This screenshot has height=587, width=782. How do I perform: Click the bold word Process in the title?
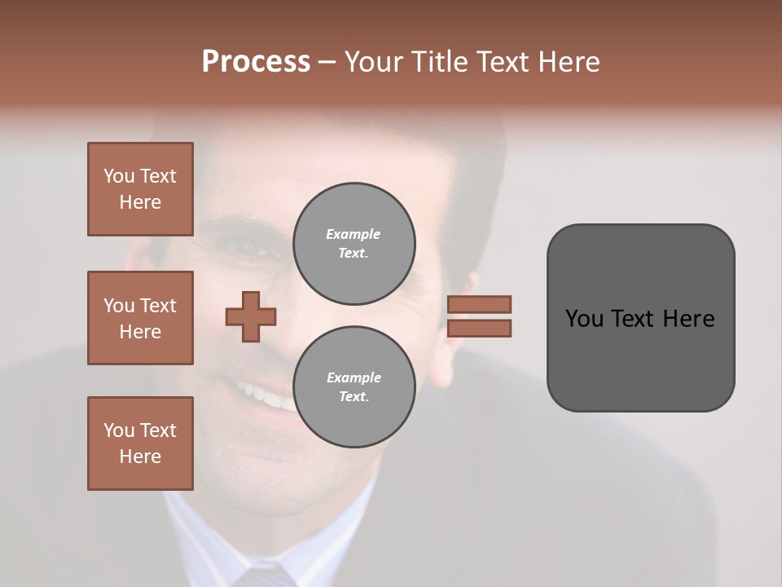(x=256, y=62)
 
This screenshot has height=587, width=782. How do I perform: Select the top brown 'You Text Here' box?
(x=140, y=189)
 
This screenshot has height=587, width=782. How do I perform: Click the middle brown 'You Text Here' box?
(x=140, y=318)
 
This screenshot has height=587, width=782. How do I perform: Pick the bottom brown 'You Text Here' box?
(x=140, y=444)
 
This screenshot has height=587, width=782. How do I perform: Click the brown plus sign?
(x=251, y=316)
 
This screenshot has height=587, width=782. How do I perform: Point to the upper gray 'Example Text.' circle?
(x=354, y=243)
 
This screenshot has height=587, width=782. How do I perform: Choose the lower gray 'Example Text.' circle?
(x=354, y=386)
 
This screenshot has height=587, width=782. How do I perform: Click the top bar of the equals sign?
(x=479, y=305)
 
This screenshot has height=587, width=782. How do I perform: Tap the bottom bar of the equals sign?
(x=479, y=329)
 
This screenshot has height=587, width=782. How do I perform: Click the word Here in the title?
(x=569, y=62)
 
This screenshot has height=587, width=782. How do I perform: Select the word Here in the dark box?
(x=691, y=318)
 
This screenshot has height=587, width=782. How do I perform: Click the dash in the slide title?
(x=327, y=63)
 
